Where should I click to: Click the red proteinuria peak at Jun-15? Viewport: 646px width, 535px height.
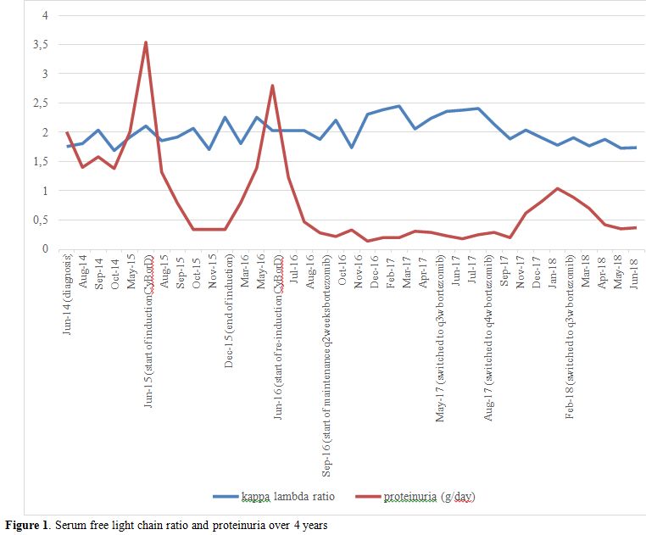pyautogui.click(x=146, y=42)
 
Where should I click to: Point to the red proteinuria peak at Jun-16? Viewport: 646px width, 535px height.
pyautogui.click(x=272, y=86)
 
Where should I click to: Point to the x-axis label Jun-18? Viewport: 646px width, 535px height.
pyautogui.click(x=635, y=272)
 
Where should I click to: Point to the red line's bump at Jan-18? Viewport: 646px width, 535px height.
pyautogui.click(x=556, y=188)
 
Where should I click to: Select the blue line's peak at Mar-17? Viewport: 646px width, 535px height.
pyautogui.click(x=398, y=106)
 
